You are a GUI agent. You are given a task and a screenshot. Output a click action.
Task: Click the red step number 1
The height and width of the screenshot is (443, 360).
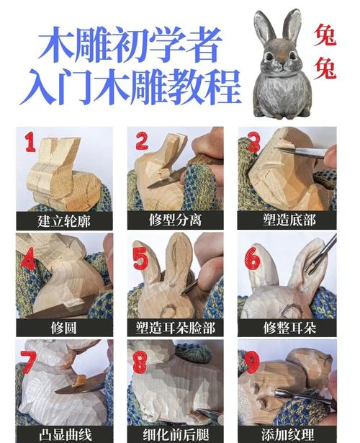[x=30, y=143]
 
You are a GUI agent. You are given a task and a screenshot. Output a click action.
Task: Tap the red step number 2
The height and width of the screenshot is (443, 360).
[x=142, y=142]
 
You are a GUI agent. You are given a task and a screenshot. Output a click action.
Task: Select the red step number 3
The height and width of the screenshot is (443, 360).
[x=253, y=141]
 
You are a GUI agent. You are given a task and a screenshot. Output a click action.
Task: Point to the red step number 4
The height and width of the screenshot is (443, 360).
[x=30, y=257]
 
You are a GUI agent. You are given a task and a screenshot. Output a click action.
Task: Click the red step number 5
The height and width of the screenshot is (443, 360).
[x=141, y=256]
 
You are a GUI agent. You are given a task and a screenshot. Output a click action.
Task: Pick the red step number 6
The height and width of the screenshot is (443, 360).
[x=252, y=257]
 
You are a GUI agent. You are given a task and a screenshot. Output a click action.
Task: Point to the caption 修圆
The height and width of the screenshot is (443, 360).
[x=64, y=328]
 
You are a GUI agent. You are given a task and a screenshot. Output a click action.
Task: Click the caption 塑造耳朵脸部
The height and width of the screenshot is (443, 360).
[x=175, y=328]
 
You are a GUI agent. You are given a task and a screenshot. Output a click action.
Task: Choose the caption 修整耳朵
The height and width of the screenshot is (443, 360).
[x=287, y=328]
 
